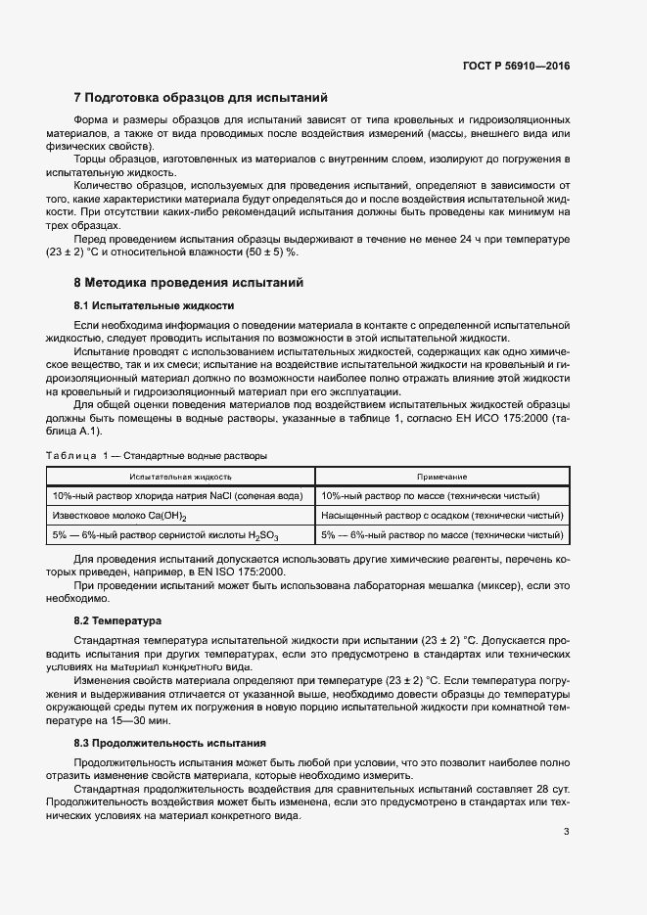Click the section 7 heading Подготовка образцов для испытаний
click(201, 98)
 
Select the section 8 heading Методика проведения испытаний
click(189, 283)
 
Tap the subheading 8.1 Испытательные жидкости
click(154, 304)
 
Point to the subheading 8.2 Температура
click(119, 621)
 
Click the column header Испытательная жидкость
click(181, 475)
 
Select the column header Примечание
click(442, 475)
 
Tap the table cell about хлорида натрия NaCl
click(181, 495)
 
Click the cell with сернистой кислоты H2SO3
click(181, 536)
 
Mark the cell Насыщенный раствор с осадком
click(442, 516)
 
